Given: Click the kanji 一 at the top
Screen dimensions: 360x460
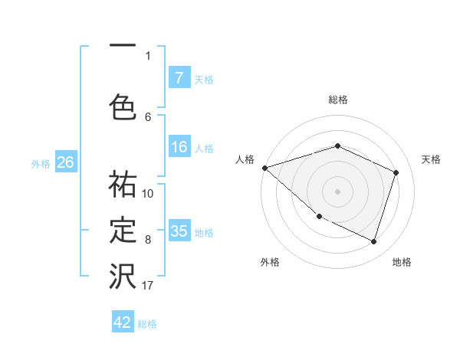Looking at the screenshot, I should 122,47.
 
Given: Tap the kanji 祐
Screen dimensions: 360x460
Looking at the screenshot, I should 123,185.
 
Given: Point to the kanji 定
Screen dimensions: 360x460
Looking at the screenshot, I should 123,231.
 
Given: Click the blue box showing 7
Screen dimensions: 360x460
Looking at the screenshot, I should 179,78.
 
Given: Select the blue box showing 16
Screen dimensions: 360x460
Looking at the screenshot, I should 179,147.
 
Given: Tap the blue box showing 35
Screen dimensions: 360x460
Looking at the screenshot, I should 179,231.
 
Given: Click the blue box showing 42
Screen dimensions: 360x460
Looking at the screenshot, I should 123,323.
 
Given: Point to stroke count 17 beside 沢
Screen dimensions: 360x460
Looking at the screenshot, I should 148,286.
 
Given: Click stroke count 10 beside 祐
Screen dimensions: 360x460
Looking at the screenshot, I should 148,193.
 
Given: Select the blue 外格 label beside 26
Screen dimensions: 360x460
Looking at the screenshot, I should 41,163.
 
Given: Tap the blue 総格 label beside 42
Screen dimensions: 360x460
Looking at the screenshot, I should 147,324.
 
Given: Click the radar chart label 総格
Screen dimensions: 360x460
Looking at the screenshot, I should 338,100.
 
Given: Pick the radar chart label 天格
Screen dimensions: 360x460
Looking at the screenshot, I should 432,159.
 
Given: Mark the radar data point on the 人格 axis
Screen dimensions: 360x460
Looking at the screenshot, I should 264,168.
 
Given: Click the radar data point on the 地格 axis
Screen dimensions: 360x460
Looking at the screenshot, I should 373,241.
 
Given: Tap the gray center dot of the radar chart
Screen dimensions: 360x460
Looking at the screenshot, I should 338,191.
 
